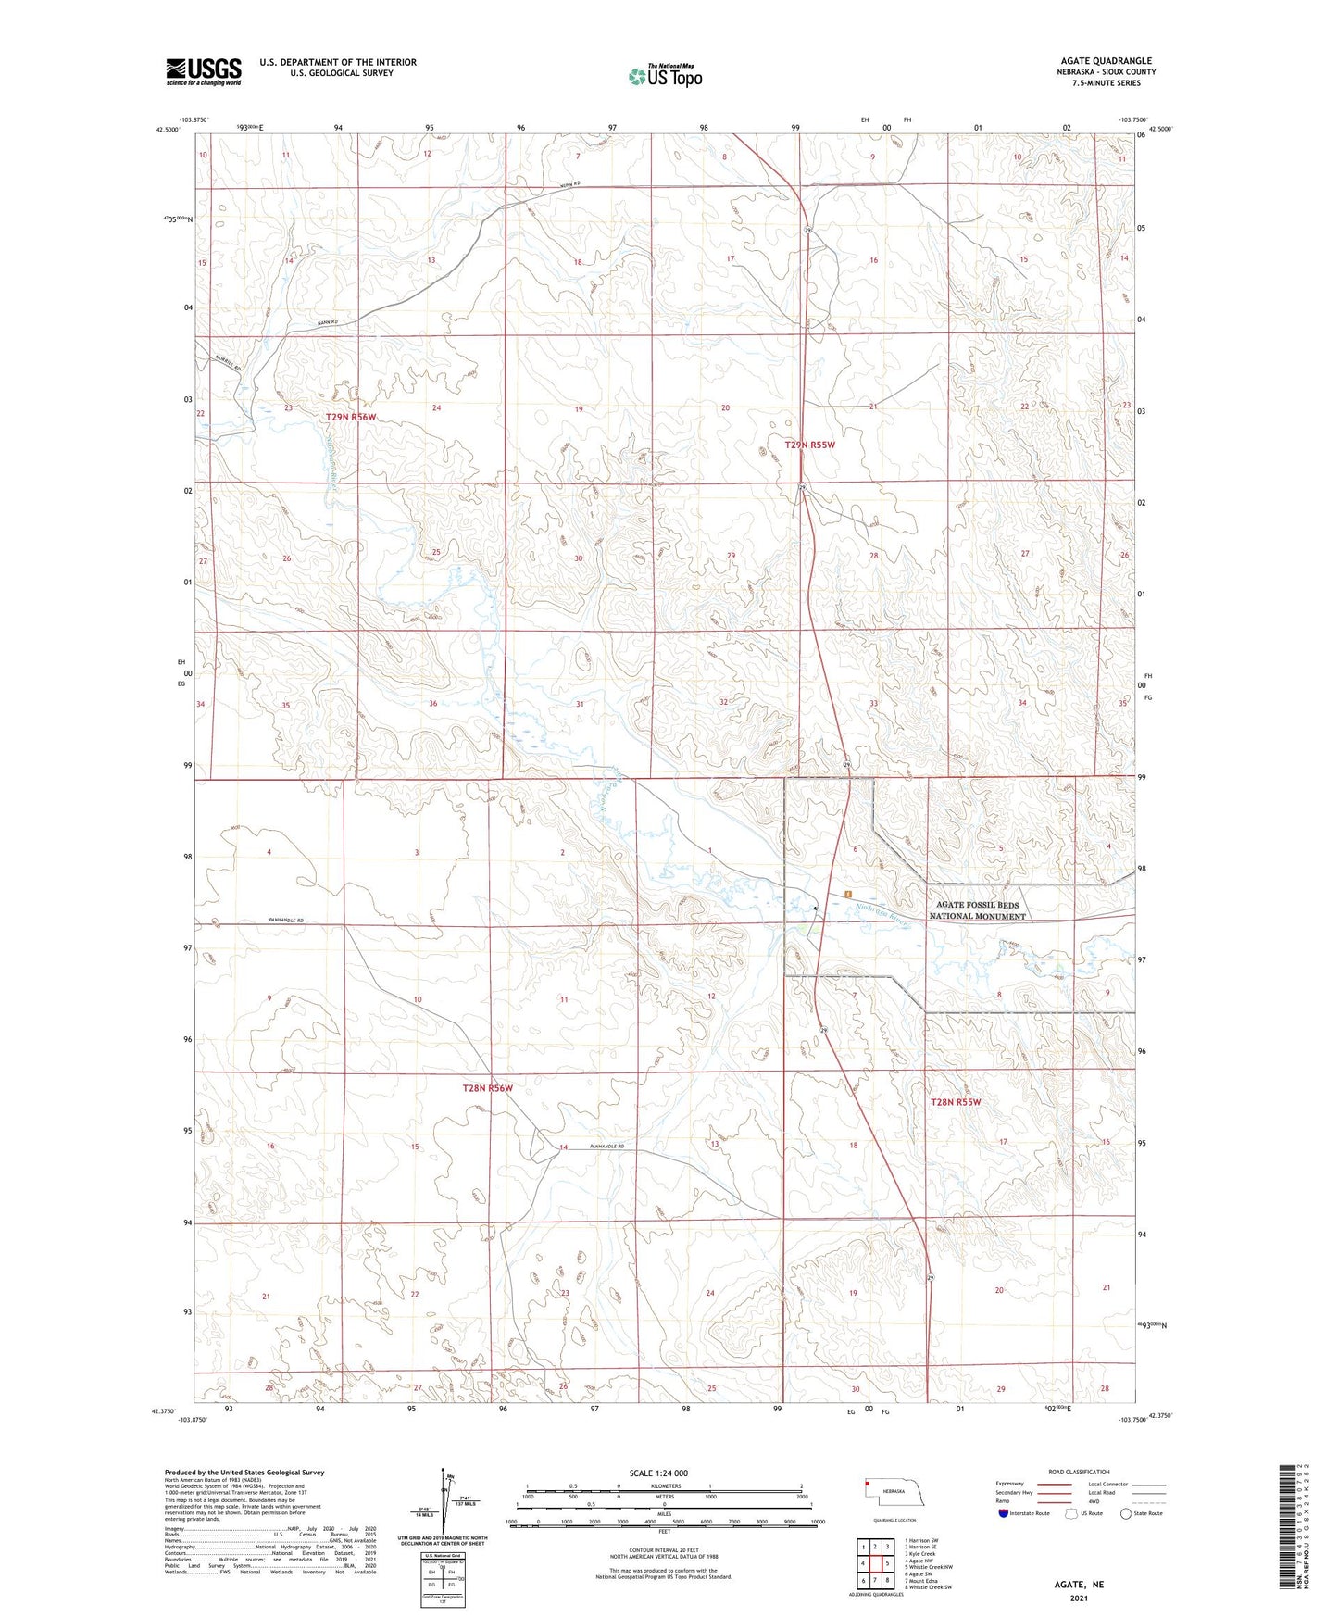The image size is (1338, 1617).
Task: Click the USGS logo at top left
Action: tap(204, 71)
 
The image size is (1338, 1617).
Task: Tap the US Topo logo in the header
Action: tap(665, 75)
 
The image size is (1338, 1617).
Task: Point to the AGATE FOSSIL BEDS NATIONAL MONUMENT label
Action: tap(977, 910)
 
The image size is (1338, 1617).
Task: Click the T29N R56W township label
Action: tap(351, 418)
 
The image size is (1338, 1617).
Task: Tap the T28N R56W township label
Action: tap(487, 1088)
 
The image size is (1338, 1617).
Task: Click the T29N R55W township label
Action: tap(810, 445)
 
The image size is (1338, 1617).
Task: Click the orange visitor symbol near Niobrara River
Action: tap(847, 894)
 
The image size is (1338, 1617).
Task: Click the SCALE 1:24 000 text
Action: tap(658, 1473)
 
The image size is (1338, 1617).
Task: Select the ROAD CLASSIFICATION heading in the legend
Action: tap(1079, 1472)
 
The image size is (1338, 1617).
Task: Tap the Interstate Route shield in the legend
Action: tap(1004, 1513)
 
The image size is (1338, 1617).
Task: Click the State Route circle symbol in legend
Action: tap(1126, 1513)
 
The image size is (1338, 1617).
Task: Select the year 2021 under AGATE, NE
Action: tap(1079, 1598)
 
